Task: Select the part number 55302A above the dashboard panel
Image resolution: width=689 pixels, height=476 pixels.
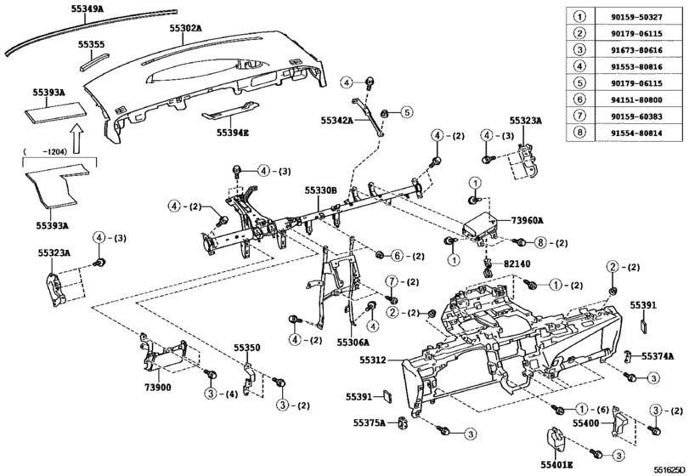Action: (x=185, y=27)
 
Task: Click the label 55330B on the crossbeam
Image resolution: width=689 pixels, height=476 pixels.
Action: (x=321, y=191)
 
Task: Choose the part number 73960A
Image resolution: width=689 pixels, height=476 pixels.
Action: (x=529, y=219)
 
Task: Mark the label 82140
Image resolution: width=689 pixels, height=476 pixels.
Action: (x=517, y=263)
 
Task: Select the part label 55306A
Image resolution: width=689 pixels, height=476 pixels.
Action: (x=353, y=342)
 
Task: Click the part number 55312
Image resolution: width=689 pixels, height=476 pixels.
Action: (x=371, y=360)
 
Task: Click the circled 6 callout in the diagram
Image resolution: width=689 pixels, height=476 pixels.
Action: (x=396, y=256)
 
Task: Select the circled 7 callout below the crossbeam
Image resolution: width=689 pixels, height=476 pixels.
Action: (x=393, y=282)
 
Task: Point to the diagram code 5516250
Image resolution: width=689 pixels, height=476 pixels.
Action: (x=668, y=468)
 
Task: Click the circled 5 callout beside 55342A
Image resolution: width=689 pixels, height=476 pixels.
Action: (x=406, y=112)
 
